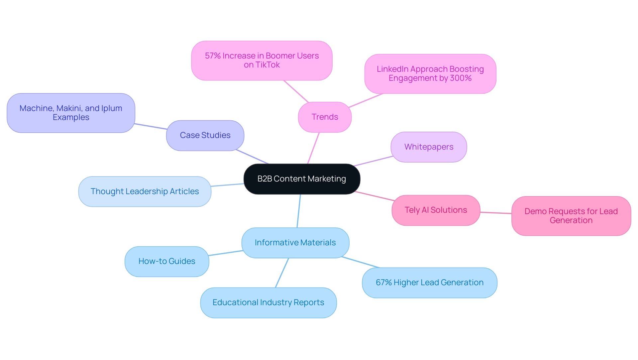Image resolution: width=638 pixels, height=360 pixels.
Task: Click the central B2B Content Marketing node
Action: click(302, 179)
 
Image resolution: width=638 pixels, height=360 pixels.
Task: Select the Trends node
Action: click(325, 117)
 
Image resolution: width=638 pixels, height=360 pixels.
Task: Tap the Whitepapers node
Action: click(429, 147)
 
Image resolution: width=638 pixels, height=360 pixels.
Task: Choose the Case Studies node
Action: click(205, 135)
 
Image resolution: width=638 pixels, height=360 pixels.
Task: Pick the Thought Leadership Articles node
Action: click(145, 191)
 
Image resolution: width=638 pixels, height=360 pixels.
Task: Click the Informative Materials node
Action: click(295, 243)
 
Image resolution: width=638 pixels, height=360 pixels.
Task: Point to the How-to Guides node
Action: click(167, 261)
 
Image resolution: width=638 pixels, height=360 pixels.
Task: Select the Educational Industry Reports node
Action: click(268, 302)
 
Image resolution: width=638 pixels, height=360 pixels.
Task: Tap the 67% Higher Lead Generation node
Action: click(429, 283)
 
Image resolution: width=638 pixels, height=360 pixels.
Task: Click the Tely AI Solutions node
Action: click(436, 210)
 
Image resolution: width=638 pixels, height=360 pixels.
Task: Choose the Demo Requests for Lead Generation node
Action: click(571, 216)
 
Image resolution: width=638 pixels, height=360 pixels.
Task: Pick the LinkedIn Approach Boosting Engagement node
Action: click(430, 73)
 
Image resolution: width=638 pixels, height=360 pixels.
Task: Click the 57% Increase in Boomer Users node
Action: click(262, 60)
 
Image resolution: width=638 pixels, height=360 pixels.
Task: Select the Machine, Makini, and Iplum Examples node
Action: click(71, 113)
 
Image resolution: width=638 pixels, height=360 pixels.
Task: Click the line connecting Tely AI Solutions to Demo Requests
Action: click(496, 213)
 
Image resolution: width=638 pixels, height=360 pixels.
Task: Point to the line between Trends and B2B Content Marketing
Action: click(313, 148)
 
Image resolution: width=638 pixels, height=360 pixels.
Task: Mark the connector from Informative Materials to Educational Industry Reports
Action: click(282, 273)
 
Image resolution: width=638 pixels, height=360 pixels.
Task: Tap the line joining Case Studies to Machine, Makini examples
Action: click(151, 126)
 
